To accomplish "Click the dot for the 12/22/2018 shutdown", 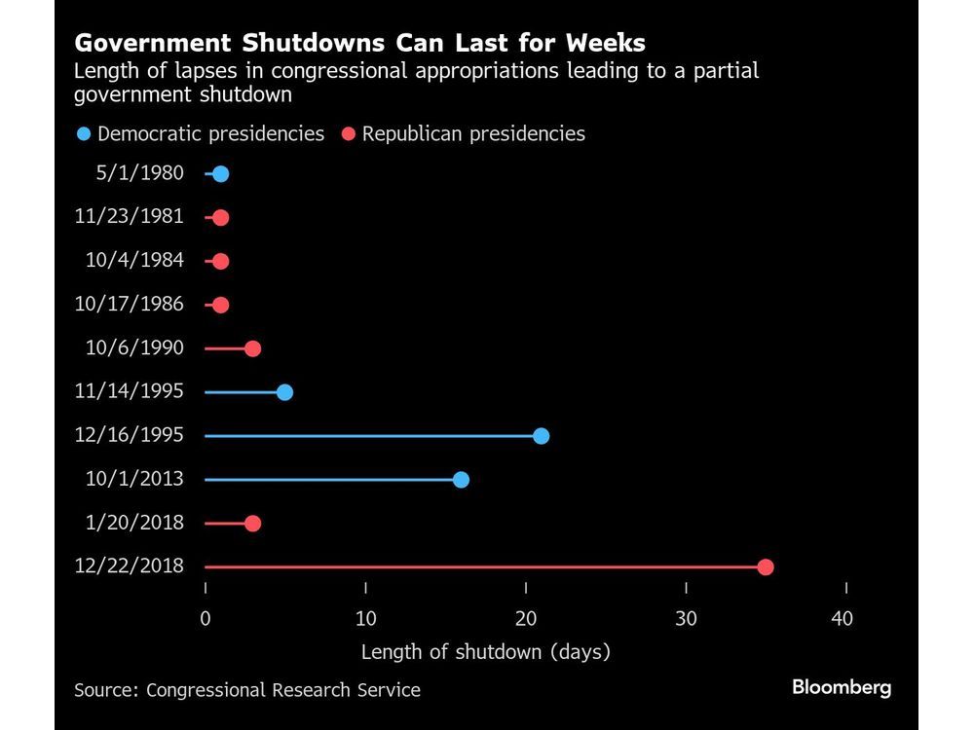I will (x=766, y=567).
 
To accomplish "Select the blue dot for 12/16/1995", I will (x=541, y=436).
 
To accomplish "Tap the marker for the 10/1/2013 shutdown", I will (x=461, y=480).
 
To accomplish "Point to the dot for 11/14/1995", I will (x=284, y=392).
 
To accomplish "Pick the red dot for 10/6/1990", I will (x=252, y=348).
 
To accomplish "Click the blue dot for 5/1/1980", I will (x=220, y=174).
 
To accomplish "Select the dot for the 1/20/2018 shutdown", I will (x=252, y=524).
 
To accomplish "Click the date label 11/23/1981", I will (x=129, y=216).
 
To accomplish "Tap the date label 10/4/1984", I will (x=134, y=260).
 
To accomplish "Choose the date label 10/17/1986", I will (x=129, y=304).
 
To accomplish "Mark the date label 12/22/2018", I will (x=129, y=566).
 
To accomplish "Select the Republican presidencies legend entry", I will (x=463, y=133).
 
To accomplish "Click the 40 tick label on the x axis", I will (x=842, y=619).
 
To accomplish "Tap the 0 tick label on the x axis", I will (x=206, y=619).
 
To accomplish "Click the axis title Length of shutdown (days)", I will (x=485, y=652).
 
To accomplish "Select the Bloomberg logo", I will (x=842, y=687).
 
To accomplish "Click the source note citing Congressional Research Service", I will (x=247, y=690).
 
